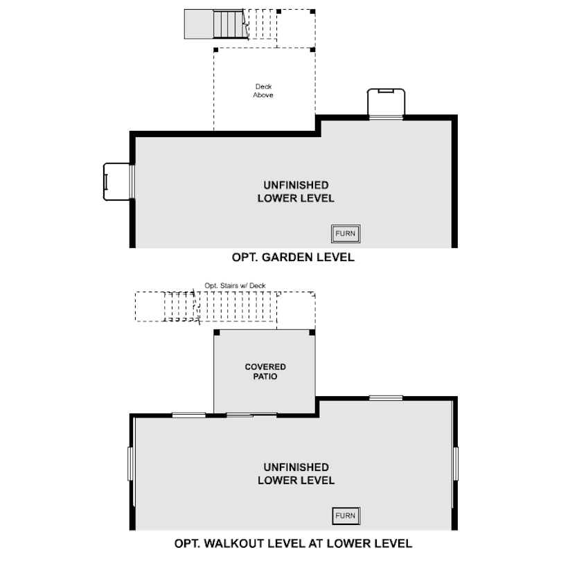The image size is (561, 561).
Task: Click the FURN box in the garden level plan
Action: pyautogui.click(x=346, y=233)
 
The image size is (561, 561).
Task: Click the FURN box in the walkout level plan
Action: pyautogui.click(x=346, y=516)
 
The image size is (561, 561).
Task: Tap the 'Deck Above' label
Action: pyautogui.click(x=263, y=91)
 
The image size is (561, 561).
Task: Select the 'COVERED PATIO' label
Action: pyautogui.click(x=265, y=371)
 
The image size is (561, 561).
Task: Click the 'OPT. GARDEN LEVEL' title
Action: pyautogui.click(x=293, y=257)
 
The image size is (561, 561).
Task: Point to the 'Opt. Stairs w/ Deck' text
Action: pyautogui.click(x=235, y=285)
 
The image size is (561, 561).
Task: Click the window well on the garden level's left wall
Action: pyautogui.click(x=116, y=181)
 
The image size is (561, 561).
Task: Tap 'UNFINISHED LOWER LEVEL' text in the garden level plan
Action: pyautogui.click(x=296, y=192)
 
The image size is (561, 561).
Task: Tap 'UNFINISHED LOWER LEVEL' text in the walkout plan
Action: pyautogui.click(x=296, y=474)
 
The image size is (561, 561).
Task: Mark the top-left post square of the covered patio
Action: pyautogui.click(x=217, y=332)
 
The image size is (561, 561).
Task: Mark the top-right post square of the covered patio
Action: pyautogui.click(x=312, y=332)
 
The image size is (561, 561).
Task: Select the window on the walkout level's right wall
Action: pyautogui.click(x=456, y=463)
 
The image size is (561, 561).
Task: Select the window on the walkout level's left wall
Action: pyautogui.click(x=130, y=463)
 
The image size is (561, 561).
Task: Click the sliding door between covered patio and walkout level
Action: pyautogui.click(x=251, y=415)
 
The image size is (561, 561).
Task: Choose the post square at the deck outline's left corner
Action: pyautogui.click(x=215, y=50)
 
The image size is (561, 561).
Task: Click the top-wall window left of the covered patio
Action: pyautogui.click(x=189, y=415)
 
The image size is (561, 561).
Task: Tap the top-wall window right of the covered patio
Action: pyautogui.click(x=386, y=398)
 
